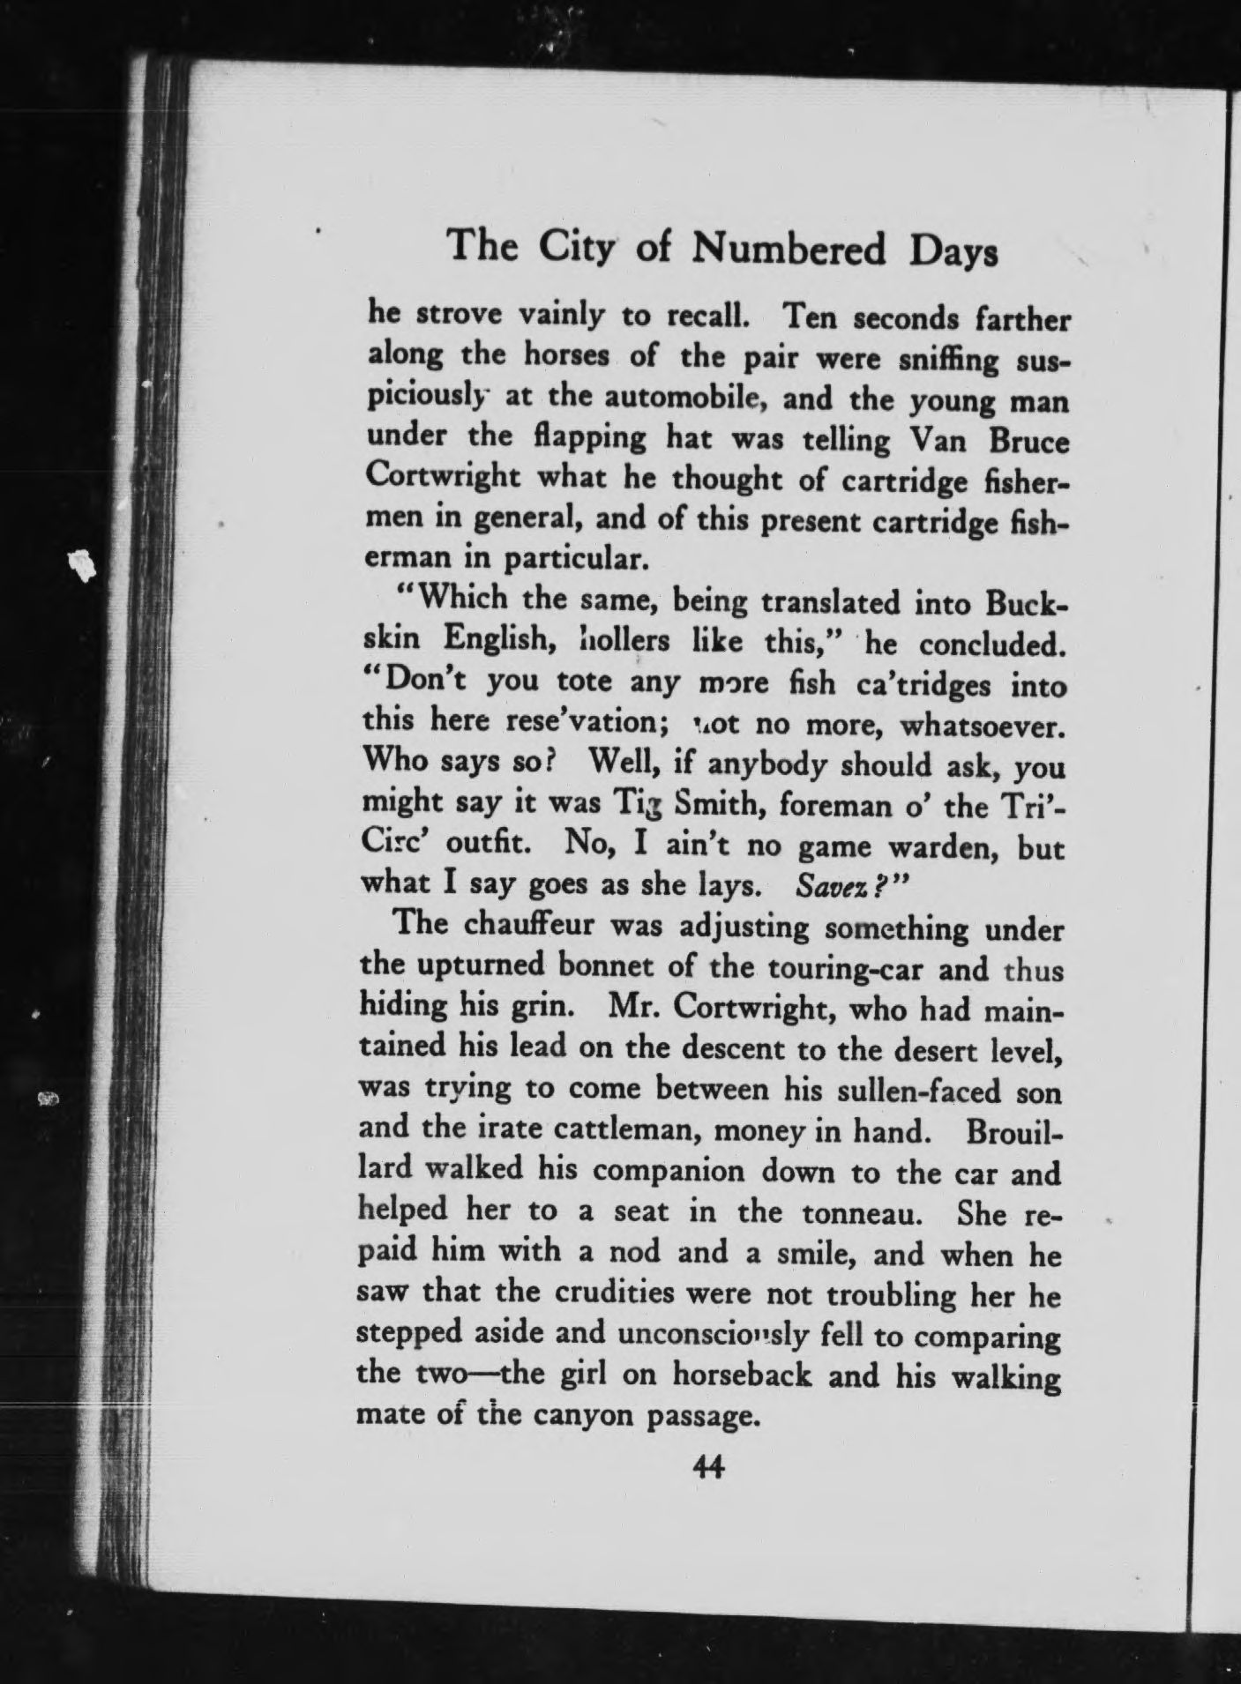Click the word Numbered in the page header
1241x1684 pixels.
[x=788, y=250]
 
